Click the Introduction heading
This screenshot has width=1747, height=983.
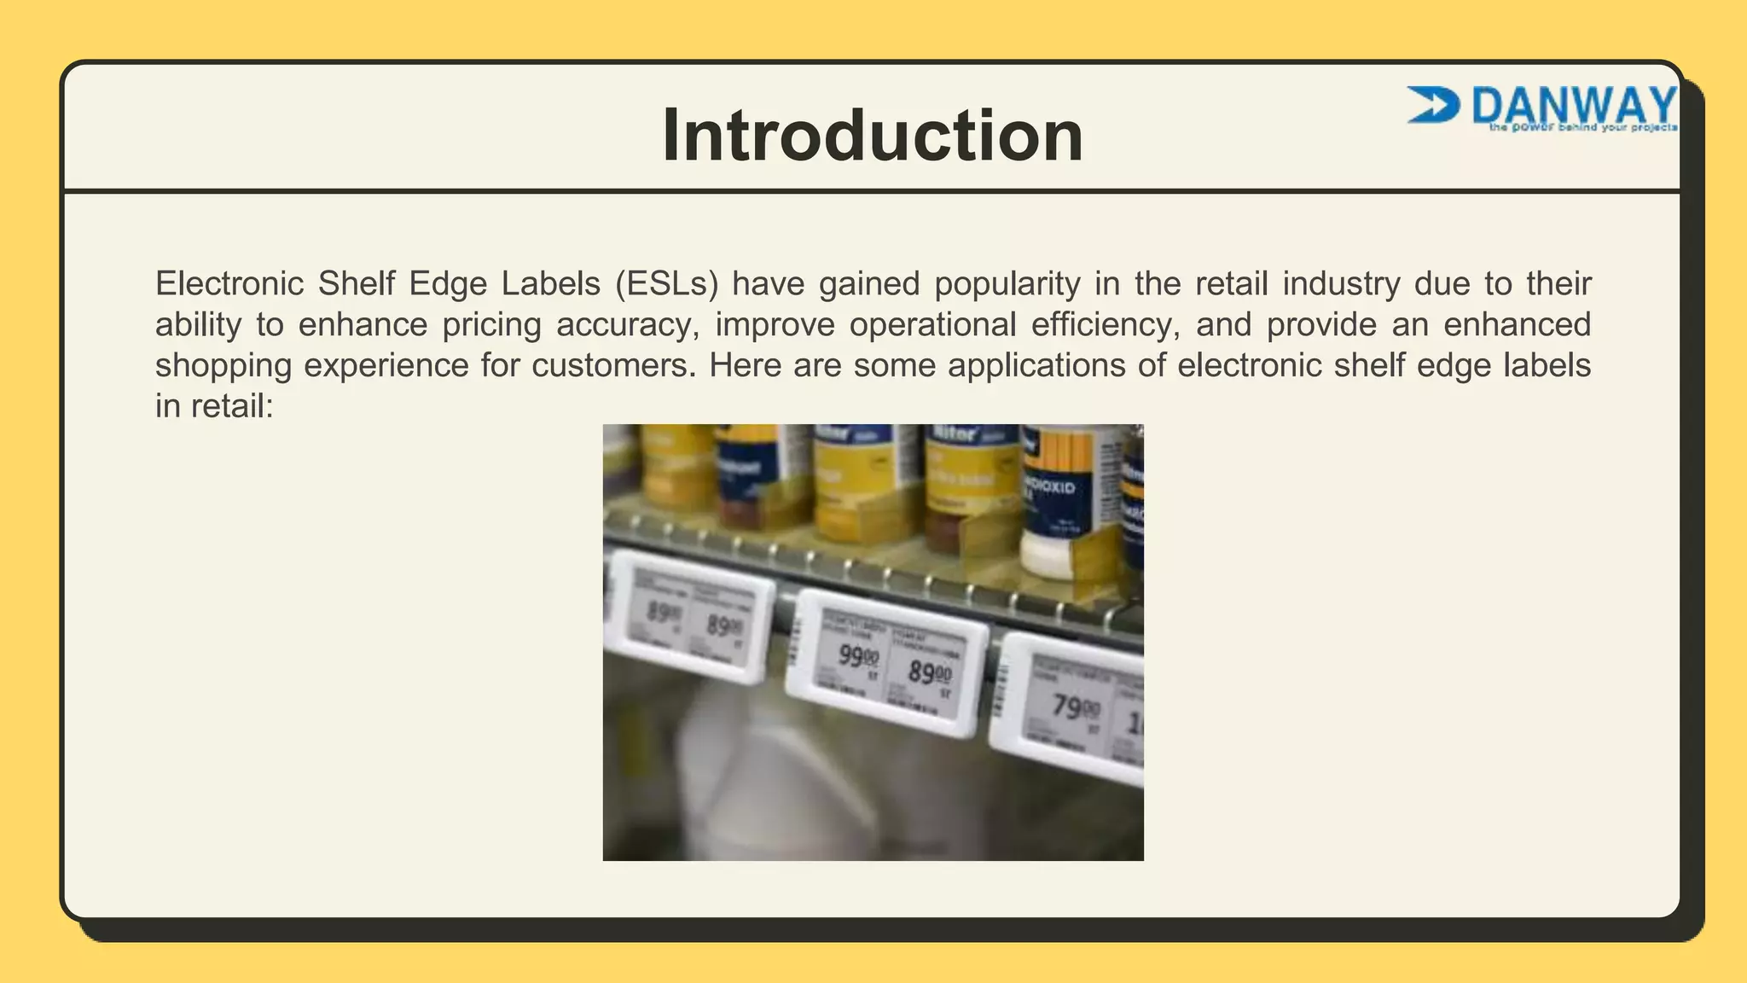tap(872, 135)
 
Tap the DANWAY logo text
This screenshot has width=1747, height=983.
tap(1574, 105)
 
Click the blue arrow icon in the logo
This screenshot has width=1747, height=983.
tap(1432, 104)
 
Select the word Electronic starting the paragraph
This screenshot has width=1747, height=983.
tap(229, 283)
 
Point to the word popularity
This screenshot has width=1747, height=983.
tap(1007, 283)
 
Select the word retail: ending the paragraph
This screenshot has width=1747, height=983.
tap(231, 406)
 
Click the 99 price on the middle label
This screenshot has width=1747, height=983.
tap(856, 656)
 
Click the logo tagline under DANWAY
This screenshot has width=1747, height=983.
tap(1582, 128)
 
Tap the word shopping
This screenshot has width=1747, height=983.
tap(223, 365)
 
